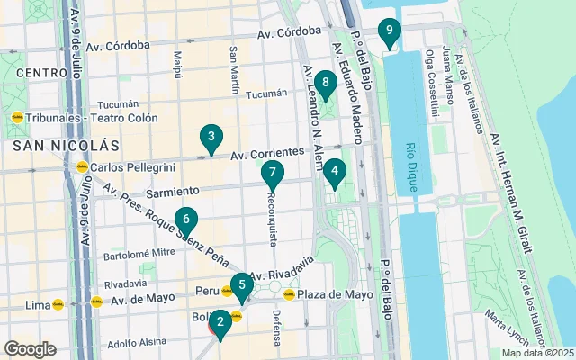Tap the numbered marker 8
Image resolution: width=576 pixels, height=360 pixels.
[x=326, y=85]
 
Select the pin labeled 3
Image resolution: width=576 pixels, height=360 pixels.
[x=211, y=137]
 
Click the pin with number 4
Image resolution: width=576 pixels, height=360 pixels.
[x=335, y=170]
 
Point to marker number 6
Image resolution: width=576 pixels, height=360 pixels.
[x=185, y=219]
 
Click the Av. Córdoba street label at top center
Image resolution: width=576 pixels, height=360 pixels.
[x=289, y=32]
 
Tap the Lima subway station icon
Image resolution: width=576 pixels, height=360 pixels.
[x=58, y=304]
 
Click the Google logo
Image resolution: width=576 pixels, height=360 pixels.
[x=30, y=349]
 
